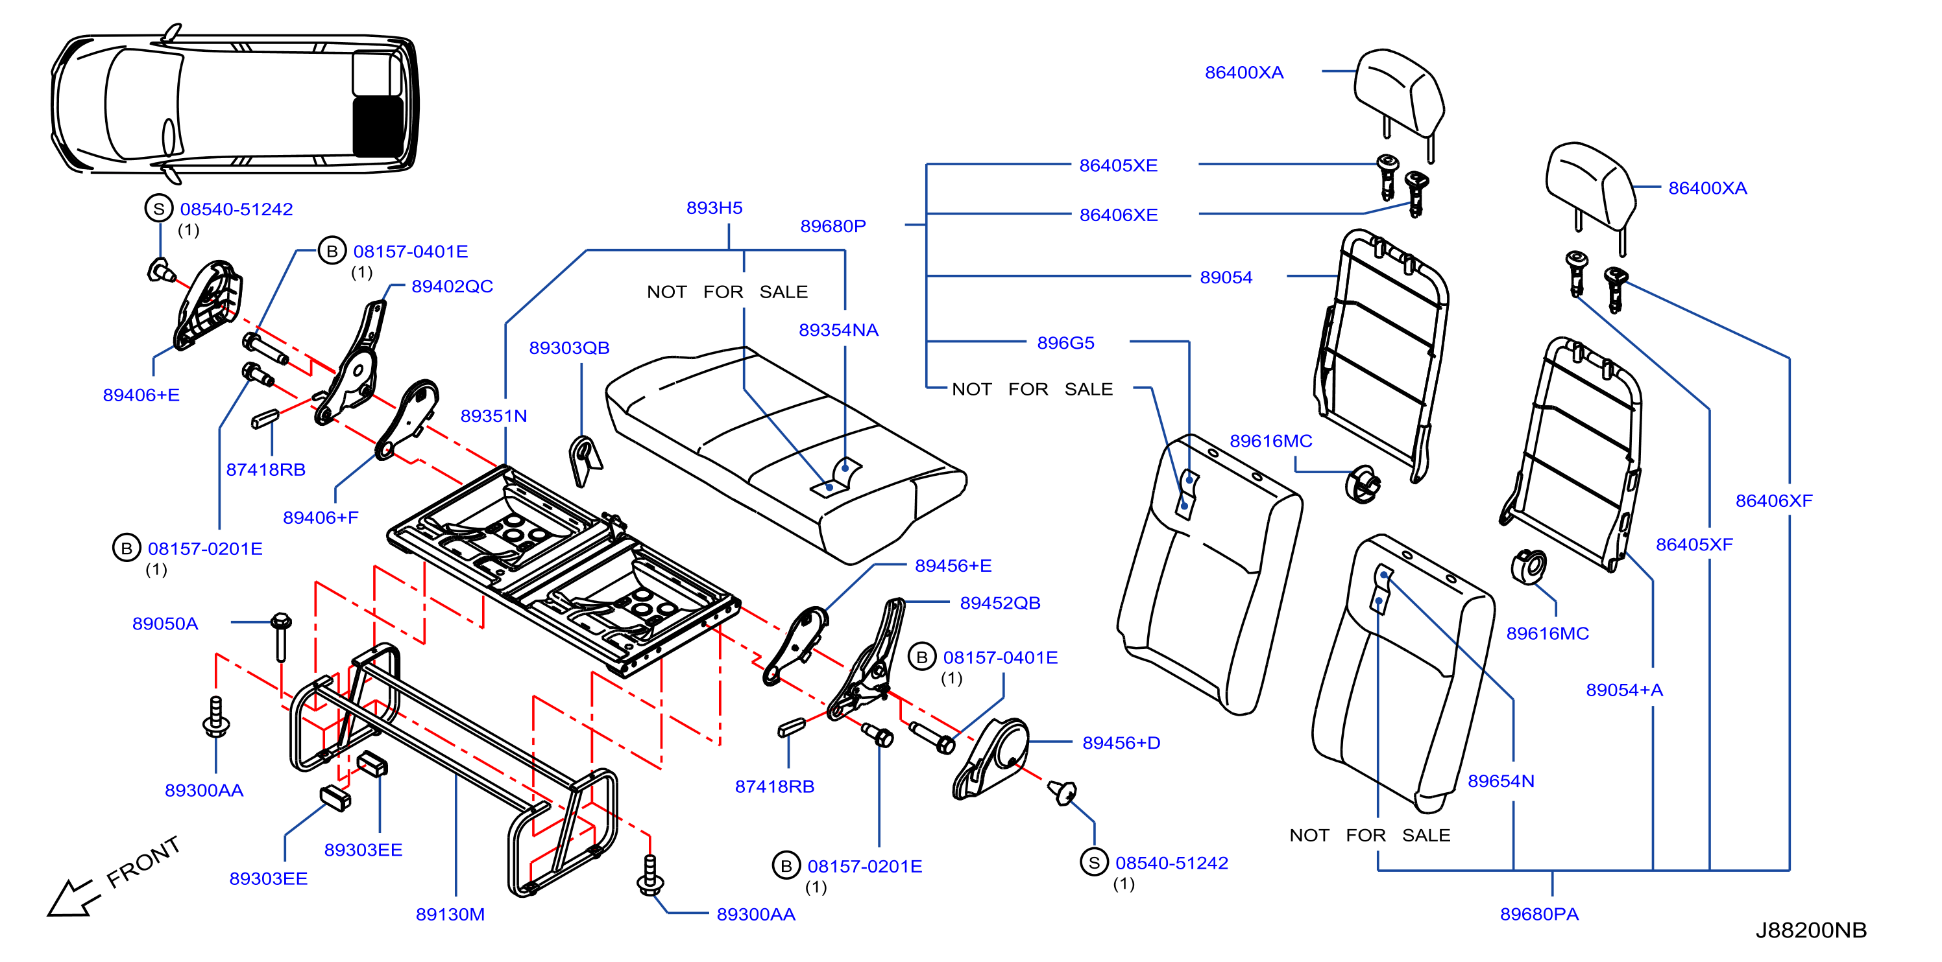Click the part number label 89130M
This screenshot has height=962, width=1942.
(450, 914)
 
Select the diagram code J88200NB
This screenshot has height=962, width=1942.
(1811, 930)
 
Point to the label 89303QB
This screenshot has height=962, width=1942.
(569, 347)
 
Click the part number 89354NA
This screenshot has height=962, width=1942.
(838, 329)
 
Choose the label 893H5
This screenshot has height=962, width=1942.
(714, 207)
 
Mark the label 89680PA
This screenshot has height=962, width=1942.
(1538, 914)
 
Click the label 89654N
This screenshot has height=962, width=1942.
(1500, 780)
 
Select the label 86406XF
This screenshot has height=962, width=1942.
(1773, 500)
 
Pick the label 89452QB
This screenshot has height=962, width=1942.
(1000, 603)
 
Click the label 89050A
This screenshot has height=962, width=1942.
(165, 623)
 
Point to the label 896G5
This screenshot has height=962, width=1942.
(1065, 343)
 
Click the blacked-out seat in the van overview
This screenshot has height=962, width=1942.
(378, 126)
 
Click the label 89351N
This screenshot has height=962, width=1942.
(494, 415)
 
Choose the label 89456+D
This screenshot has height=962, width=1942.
(1121, 742)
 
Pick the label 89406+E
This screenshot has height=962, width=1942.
(141, 395)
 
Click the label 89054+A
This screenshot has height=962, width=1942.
(1624, 689)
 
